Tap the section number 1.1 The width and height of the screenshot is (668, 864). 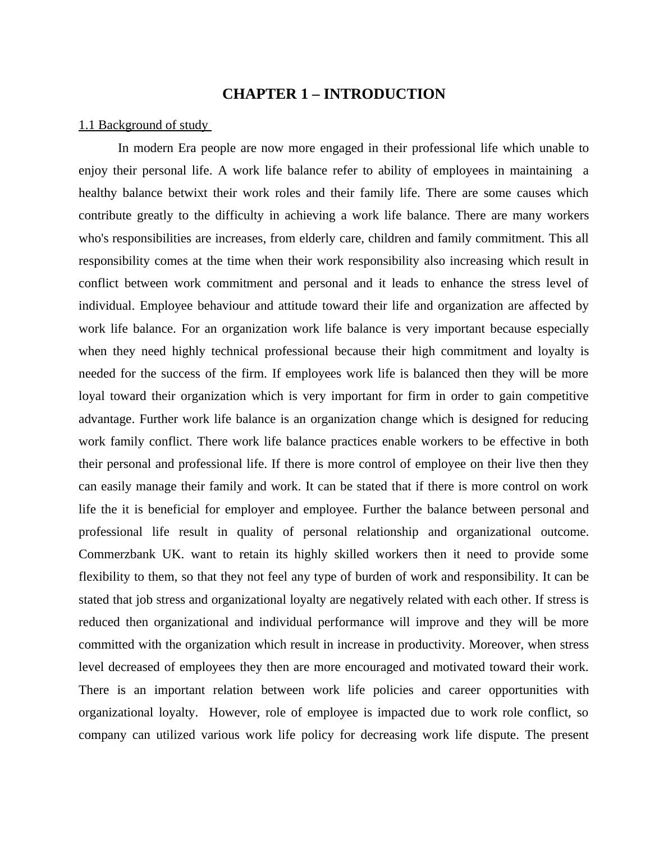86,125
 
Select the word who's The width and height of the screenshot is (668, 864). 94,238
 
